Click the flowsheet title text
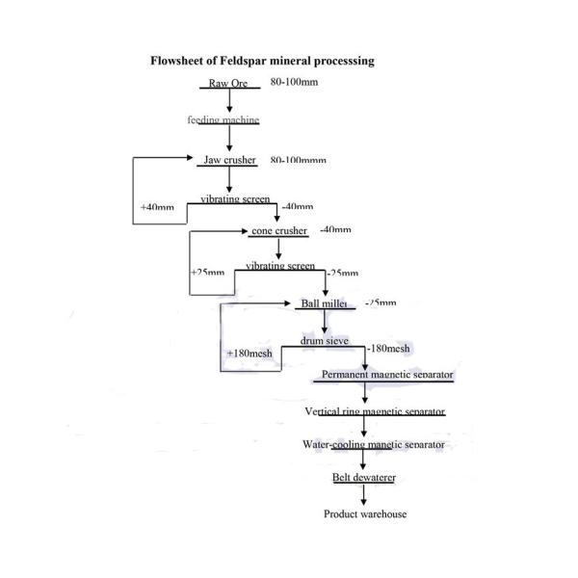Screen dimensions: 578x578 (x=262, y=61)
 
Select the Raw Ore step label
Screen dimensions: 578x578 (x=228, y=84)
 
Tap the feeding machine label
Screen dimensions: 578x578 (x=223, y=120)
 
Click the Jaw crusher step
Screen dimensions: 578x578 (x=230, y=160)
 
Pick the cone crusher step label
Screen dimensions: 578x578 (x=278, y=231)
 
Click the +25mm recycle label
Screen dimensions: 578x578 (x=207, y=273)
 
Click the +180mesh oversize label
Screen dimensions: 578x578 (x=250, y=354)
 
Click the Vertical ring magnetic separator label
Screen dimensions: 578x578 (x=375, y=411)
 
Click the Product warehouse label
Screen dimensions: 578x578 (x=364, y=514)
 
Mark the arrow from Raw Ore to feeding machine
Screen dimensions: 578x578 (x=229, y=100)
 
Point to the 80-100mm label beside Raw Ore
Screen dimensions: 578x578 (x=295, y=83)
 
